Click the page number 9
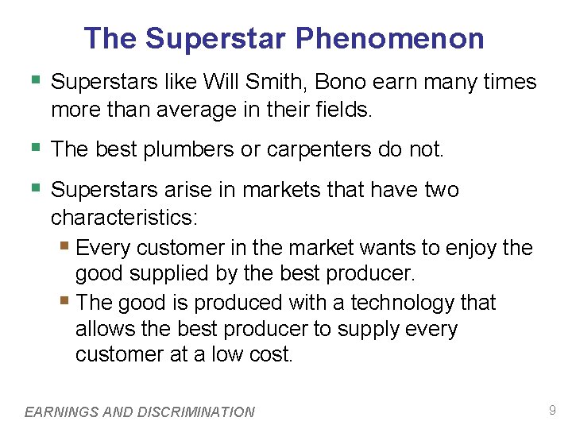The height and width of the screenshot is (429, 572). (552, 411)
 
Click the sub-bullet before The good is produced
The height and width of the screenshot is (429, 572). (65, 301)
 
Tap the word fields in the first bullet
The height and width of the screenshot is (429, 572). (342, 109)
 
